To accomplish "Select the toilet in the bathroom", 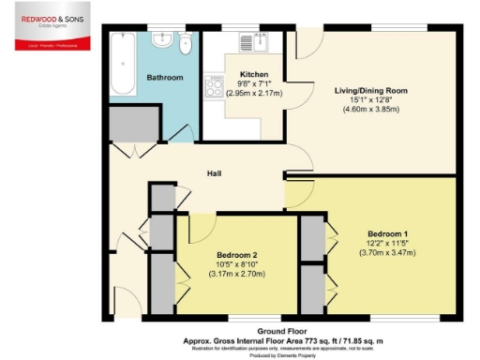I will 186,40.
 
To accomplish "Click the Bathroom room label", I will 164,77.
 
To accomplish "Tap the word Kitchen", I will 254,74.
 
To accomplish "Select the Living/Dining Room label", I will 372,91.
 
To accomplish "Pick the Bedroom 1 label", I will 387,232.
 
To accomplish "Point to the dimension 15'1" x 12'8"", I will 372,101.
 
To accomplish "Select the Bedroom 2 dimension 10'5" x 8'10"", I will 237,264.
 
